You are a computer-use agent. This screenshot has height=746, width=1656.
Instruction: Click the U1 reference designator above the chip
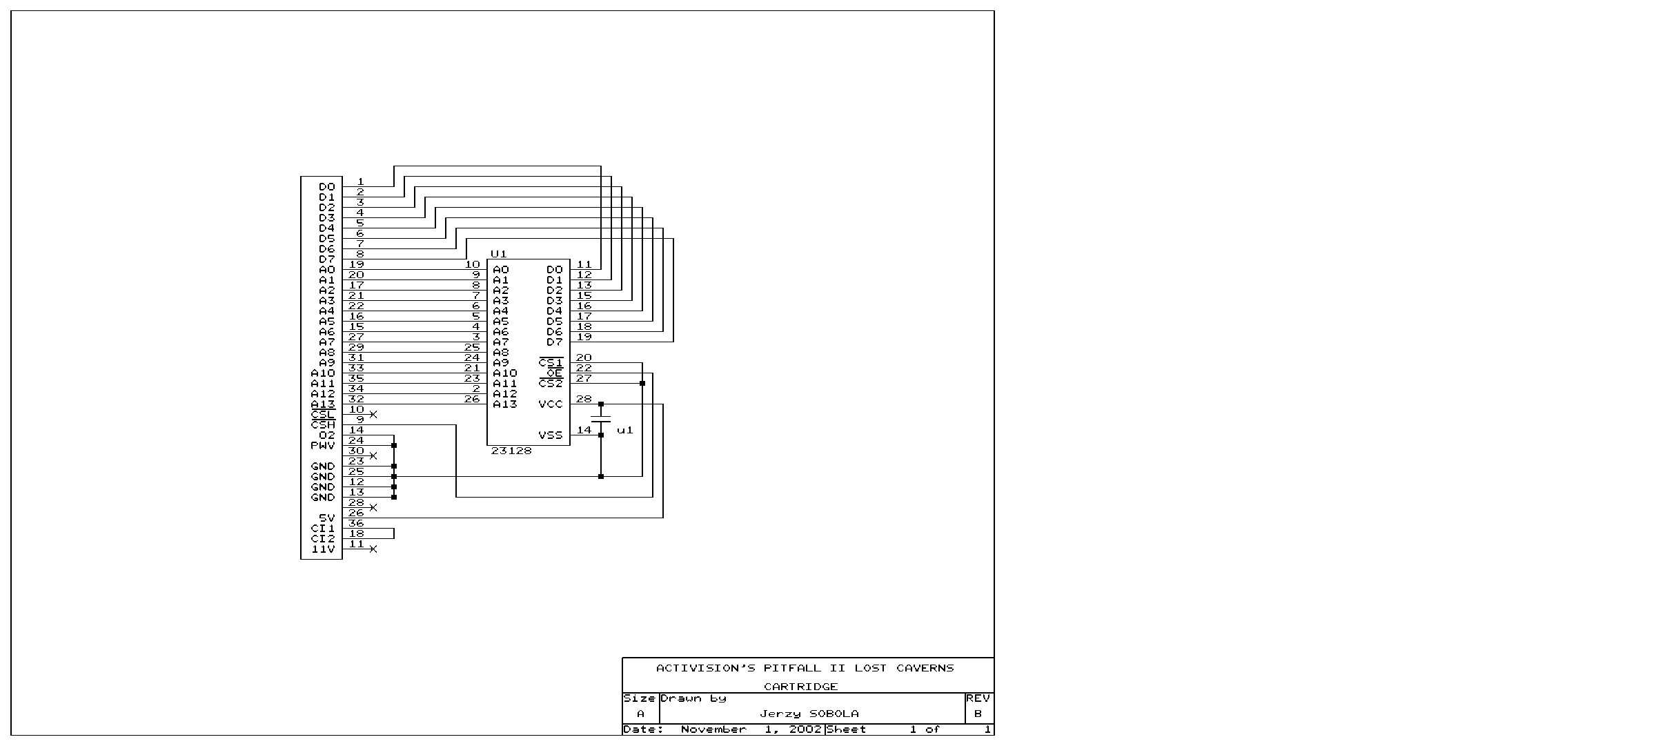pos(499,254)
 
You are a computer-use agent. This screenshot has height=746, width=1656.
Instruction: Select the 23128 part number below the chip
pos(511,451)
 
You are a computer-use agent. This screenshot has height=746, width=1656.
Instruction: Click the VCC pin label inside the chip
pos(551,404)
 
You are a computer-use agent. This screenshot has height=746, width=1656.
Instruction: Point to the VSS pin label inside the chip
pos(551,435)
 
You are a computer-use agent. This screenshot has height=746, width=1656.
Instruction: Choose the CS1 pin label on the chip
pos(551,362)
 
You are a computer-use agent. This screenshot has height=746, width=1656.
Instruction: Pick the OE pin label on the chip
pos(555,373)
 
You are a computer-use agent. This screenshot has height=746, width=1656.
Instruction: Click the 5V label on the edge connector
pos(327,518)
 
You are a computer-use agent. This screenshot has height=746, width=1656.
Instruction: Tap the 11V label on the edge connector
pos(323,549)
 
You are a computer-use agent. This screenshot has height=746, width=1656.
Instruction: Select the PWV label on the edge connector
pos(323,445)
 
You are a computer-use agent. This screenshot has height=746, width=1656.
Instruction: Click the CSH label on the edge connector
pos(323,424)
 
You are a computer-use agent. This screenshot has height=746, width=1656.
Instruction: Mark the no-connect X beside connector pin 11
pos(373,549)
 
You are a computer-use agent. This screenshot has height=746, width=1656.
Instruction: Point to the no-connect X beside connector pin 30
pos(373,455)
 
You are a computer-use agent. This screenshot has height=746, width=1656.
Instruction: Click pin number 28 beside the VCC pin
pos(584,399)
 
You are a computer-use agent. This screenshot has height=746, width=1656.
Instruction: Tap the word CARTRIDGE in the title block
pos(800,687)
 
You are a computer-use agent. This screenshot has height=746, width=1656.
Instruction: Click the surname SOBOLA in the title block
pos(834,714)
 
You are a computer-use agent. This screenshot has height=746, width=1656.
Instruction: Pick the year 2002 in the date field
pos(805,729)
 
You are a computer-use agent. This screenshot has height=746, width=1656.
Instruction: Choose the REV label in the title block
pos(978,698)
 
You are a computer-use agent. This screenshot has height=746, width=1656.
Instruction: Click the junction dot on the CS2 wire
pos(642,383)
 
